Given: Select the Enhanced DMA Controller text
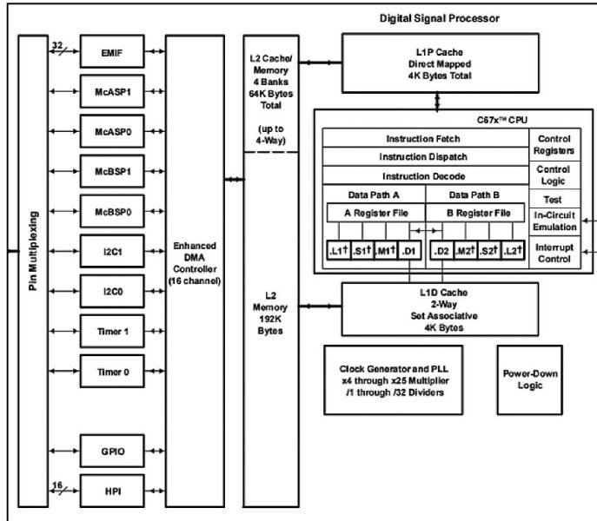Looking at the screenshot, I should click(x=195, y=264).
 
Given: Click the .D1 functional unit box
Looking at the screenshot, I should click(x=410, y=251).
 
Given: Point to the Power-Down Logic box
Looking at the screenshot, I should click(x=529, y=379).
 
